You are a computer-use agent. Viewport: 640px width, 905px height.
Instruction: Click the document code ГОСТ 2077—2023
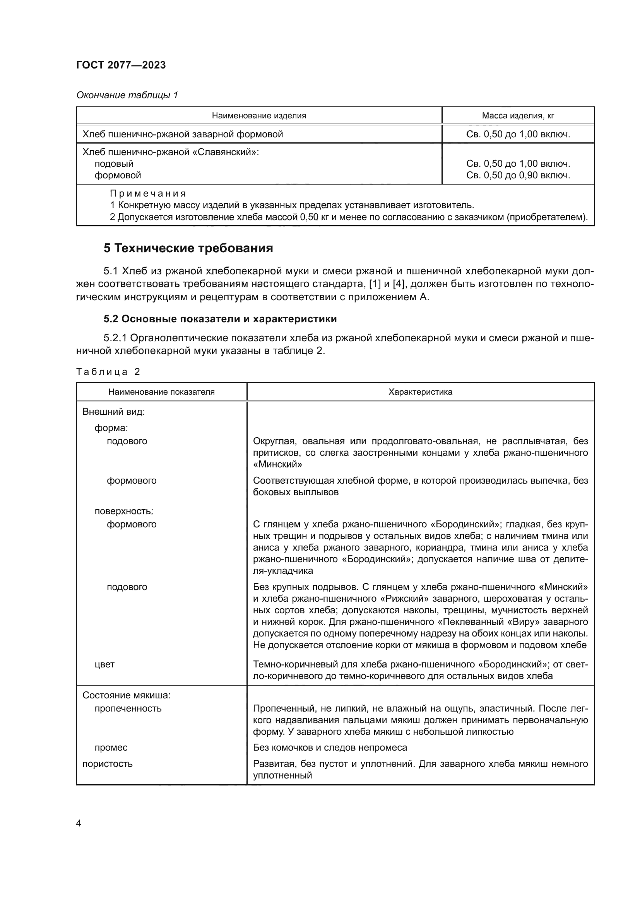121,65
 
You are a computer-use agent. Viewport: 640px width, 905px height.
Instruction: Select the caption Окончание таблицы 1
127,95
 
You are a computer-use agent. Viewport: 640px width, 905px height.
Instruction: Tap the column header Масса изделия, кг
518,115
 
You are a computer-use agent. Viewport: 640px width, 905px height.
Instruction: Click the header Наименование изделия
259,115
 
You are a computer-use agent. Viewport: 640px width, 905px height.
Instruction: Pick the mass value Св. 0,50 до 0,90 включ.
518,175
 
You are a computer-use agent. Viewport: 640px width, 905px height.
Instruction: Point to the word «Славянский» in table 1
225,152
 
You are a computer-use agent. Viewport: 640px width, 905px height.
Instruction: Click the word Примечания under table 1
148,193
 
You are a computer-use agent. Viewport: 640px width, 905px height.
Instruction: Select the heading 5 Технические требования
188,248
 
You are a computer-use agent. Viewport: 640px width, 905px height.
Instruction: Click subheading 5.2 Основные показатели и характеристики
220,319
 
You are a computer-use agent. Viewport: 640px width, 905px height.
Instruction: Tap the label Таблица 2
108,372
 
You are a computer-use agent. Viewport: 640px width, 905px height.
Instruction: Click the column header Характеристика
420,392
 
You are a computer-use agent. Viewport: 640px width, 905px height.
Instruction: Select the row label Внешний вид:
113,412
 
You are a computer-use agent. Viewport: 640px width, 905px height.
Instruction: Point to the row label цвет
104,664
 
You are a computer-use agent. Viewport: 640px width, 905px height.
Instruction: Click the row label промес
111,748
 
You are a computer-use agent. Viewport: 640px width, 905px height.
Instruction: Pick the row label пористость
107,763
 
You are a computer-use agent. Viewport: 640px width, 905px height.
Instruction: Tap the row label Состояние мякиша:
126,695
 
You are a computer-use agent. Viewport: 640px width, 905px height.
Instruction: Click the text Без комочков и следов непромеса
330,748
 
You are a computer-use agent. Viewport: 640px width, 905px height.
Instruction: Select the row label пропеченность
128,708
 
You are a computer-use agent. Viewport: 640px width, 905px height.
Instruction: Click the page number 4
79,823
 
